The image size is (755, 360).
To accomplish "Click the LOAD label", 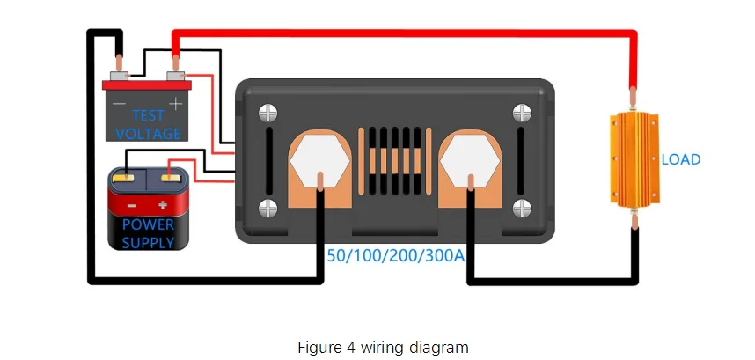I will coord(681,159).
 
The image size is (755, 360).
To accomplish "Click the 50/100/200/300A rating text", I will coord(396,256).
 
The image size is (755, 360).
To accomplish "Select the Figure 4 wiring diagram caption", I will coord(377,346).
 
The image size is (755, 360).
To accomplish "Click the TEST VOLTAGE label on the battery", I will coord(148,124).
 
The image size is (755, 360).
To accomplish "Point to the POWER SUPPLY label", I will coord(148,232).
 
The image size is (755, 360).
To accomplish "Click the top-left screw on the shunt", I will coord(268,114).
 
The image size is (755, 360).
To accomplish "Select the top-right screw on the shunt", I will coord(523,114).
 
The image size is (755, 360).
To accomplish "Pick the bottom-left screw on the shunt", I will coord(268,209).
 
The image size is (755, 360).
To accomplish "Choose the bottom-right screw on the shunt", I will coord(523,209).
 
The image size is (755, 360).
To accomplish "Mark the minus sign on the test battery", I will coord(118,104).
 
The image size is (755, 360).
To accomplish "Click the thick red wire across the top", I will coord(405,33).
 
